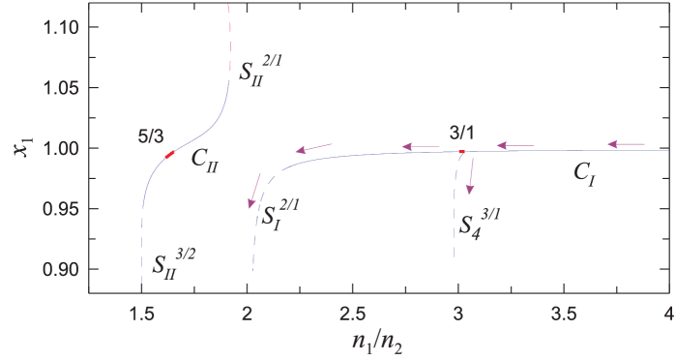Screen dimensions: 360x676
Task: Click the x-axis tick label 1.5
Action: click(x=142, y=313)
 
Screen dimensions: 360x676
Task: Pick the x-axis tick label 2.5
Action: click(x=352, y=313)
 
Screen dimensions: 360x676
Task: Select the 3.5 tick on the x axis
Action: click(x=562, y=313)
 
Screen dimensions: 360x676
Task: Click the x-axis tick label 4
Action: click(x=667, y=313)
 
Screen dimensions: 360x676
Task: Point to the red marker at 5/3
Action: click(x=169, y=155)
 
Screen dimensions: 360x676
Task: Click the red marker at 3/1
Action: click(x=461, y=152)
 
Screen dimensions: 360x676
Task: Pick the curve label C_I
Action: click(x=583, y=174)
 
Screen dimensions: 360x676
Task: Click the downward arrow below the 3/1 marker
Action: click(x=470, y=176)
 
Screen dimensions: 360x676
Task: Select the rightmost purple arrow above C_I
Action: click(x=626, y=144)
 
